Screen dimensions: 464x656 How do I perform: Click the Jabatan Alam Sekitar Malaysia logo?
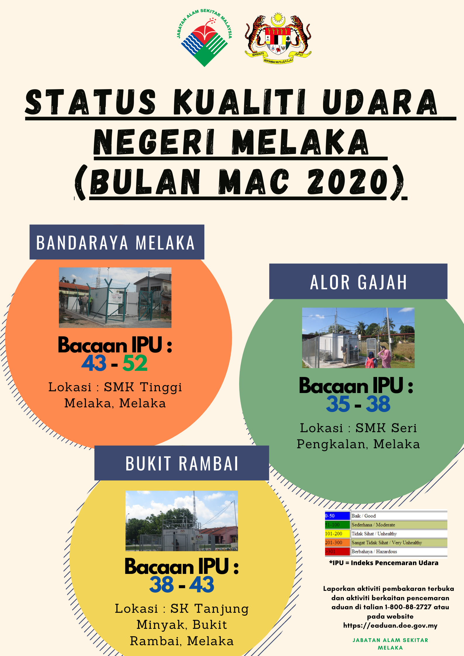(x=204, y=38)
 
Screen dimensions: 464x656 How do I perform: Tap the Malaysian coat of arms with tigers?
(x=278, y=38)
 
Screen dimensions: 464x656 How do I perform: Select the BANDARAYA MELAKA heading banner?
(x=117, y=242)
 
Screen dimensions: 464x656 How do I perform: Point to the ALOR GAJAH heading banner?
(x=358, y=281)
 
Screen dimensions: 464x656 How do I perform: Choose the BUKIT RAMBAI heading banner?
(x=182, y=463)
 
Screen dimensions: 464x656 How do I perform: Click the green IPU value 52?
(x=135, y=363)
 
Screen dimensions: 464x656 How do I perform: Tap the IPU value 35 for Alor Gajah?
(x=338, y=404)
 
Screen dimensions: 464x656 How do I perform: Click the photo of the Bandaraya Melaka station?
(x=115, y=297)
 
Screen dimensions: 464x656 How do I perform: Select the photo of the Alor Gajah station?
(x=358, y=338)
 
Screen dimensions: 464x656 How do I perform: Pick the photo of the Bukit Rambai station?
(x=182, y=521)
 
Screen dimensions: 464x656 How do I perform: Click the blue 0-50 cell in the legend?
(x=337, y=516)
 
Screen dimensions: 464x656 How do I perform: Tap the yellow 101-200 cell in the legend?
(x=337, y=534)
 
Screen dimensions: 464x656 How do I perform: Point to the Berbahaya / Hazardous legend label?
(x=374, y=552)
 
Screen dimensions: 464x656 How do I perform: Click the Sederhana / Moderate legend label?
(x=373, y=525)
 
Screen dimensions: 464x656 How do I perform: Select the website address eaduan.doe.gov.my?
(x=390, y=626)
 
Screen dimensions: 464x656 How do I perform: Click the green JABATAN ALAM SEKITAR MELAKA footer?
(x=390, y=644)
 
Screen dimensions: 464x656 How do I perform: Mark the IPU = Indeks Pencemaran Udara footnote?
(x=384, y=563)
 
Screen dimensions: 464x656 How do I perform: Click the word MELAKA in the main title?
(x=300, y=142)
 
